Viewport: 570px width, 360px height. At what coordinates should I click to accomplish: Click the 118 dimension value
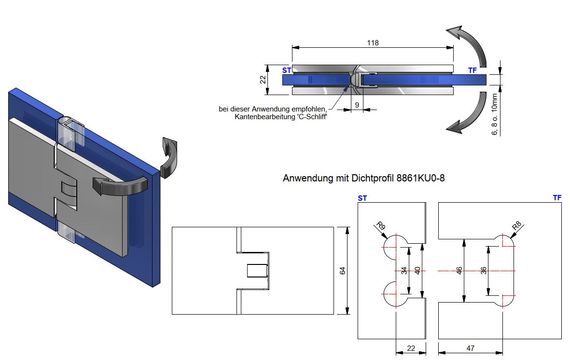pyautogui.click(x=373, y=42)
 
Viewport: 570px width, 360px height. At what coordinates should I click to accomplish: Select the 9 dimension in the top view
pyautogui.click(x=357, y=105)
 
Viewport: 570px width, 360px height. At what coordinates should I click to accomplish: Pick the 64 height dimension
pyautogui.click(x=343, y=271)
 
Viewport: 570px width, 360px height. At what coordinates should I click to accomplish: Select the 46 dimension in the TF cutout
pyautogui.click(x=459, y=271)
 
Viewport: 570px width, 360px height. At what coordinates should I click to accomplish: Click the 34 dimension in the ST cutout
pyautogui.click(x=404, y=271)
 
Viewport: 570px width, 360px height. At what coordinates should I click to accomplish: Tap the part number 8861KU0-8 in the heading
pyautogui.click(x=420, y=179)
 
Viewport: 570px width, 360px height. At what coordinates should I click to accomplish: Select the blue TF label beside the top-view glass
pyautogui.click(x=472, y=70)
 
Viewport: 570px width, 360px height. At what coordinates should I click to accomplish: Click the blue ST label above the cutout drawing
pyautogui.click(x=361, y=198)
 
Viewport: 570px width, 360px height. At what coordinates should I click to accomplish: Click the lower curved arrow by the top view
pyautogui.click(x=467, y=115)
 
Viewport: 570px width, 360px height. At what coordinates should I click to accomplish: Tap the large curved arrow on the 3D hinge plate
pyautogui.click(x=118, y=185)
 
